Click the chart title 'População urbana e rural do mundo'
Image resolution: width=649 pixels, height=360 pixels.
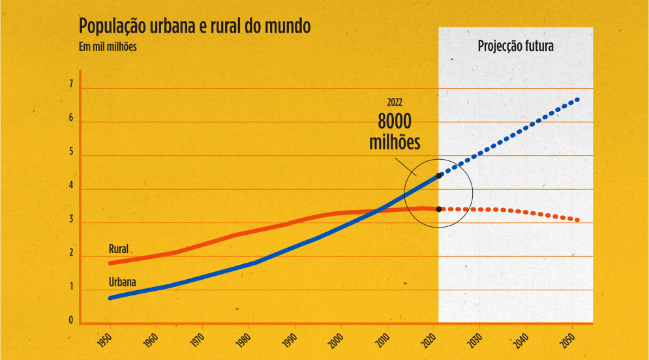click(194, 27)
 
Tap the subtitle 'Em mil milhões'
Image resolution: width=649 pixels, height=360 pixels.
click(107, 46)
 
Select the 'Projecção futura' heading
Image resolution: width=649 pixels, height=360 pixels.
click(515, 46)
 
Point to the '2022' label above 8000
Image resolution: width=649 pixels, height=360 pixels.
click(395, 102)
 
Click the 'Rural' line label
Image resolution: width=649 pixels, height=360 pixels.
click(118, 249)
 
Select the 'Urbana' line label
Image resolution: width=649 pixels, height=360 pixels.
click(122, 282)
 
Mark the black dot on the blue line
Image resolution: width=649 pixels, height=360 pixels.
click(439, 175)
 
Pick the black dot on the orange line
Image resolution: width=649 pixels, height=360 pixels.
click(439, 209)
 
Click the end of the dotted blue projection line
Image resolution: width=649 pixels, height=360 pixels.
click(577, 99)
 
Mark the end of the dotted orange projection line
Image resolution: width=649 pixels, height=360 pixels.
click(577, 220)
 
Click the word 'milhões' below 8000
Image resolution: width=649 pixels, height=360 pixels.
click(395, 143)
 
